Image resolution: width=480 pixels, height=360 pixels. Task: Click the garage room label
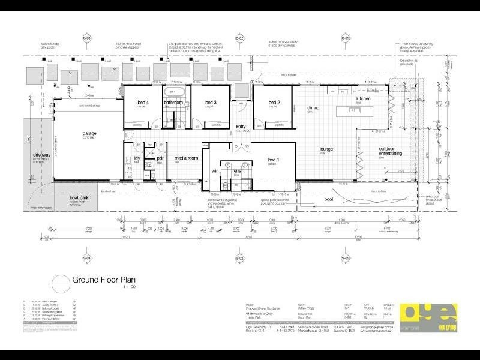pos(90,134)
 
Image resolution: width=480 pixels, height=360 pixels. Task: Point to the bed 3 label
pos(209,102)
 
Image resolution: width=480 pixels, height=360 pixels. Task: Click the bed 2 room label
pos(274,102)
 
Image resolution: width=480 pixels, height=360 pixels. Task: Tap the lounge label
pos(326,149)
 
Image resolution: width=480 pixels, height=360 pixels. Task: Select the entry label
pos(241,127)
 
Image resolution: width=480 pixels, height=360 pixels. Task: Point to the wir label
pos(212,171)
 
